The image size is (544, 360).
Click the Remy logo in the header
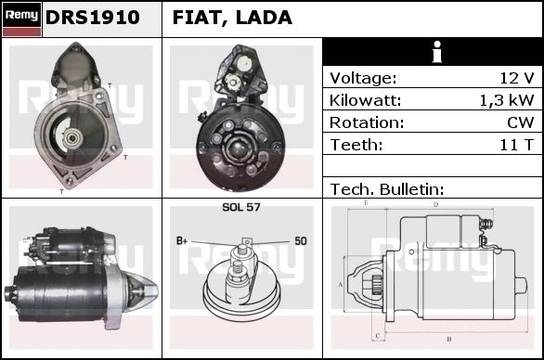click(x=22, y=19)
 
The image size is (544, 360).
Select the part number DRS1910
click(x=93, y=18)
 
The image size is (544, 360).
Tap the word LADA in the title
click(x=264, y=18)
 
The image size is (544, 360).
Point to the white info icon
click(x=437, y=52)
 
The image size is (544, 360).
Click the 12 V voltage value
click(x=516, y=78)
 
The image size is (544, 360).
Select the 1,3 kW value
click(x=507, y=100)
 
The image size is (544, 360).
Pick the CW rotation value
click(x=521, y=122)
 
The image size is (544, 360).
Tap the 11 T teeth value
click(x=516, y=145)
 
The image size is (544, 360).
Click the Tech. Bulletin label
click(x=387, y=189)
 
